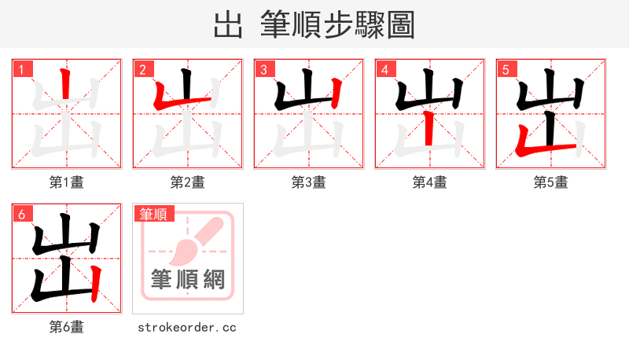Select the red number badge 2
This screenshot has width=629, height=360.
tap(143, 70)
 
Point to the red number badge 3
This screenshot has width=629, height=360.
tap(264, 70)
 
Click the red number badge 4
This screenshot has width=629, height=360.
tap(385, 70)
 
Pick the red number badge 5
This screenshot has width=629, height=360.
tap(506, 70)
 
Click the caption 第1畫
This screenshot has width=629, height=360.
tap(67, 182)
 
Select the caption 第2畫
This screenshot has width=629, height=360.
tap(188, 182)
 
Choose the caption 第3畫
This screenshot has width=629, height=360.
tap(309, 182)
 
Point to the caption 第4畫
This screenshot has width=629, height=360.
tap(430, 182)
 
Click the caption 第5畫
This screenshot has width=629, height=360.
tap(551, 182)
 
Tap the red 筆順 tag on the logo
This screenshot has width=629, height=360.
tap(153, 213)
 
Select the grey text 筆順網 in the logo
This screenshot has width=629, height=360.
tap(188, 279)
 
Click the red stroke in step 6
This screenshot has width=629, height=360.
tap(95, 284)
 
